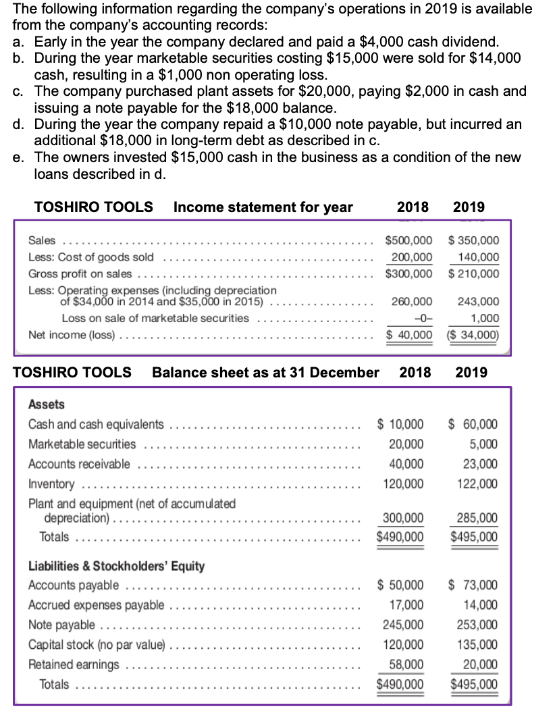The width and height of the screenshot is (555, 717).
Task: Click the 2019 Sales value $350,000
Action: tap(473, 240)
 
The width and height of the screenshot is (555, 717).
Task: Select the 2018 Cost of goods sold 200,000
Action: tap(412, 257)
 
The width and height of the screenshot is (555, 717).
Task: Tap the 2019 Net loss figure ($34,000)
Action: tap(473, 335)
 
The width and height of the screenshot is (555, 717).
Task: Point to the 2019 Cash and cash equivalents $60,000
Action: tap(473, 424)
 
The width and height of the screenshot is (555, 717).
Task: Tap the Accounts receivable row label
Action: tap(80, 464)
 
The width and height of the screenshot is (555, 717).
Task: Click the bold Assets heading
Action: tap(47, 404)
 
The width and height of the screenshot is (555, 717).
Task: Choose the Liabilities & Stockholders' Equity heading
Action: tap(116, 566)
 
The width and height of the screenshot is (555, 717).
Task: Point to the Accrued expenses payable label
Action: tap(96, 605)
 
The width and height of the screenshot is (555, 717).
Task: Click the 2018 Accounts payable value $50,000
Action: tap(400, 585)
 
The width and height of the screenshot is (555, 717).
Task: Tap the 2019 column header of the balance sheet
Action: tap(471, 372)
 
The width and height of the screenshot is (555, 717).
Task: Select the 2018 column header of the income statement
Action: tap(412, 207)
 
